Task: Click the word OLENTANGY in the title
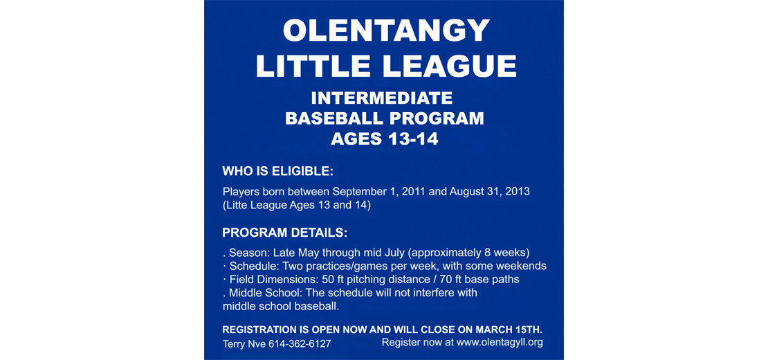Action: tap(386, 30)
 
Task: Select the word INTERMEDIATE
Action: tap(382, 98)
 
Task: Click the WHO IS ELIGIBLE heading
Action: tap(277, 172)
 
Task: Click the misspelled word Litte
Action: tap(237, 206)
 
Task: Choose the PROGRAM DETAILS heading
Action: tap(284, 233)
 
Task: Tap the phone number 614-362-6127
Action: tap(300, 344)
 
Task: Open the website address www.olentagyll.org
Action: tap(500, 343)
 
